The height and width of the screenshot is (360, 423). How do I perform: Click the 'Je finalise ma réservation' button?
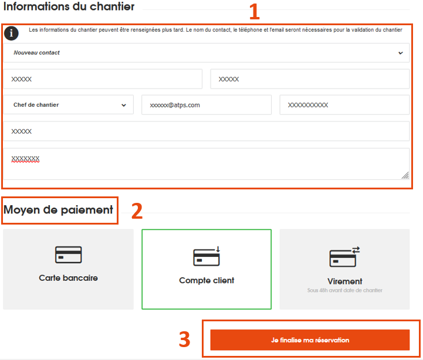click(310, 340)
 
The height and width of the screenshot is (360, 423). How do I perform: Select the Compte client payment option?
click(207, 269)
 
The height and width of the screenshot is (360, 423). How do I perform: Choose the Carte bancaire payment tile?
click(68, 269)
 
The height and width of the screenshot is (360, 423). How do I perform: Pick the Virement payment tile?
click(344, 269)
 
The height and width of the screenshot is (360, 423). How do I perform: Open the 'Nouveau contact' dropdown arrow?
click(401, 53)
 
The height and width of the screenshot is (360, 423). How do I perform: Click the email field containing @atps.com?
click(207, 105)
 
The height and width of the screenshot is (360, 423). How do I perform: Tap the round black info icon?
click(11, 33)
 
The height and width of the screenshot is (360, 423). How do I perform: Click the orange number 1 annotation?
click(254, 12)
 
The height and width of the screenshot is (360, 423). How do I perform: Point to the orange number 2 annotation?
click(137, 211)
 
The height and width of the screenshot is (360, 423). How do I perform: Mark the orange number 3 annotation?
click(185, 339)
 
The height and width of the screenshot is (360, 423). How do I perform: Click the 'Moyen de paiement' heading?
click(58, 210)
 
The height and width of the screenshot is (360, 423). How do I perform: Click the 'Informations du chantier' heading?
click(69, 6)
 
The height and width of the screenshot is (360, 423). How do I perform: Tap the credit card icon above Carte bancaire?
click(68, 254)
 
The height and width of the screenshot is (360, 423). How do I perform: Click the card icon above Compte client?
click(207, 256)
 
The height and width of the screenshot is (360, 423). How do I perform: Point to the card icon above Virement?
click(344, 256)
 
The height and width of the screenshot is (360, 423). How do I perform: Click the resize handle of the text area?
click(405, 175)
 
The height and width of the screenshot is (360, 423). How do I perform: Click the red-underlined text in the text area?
click(25, 159)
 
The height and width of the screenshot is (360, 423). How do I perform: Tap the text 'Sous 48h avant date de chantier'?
click(344, 290)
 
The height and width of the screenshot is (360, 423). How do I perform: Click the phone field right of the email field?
click(344, 105)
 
